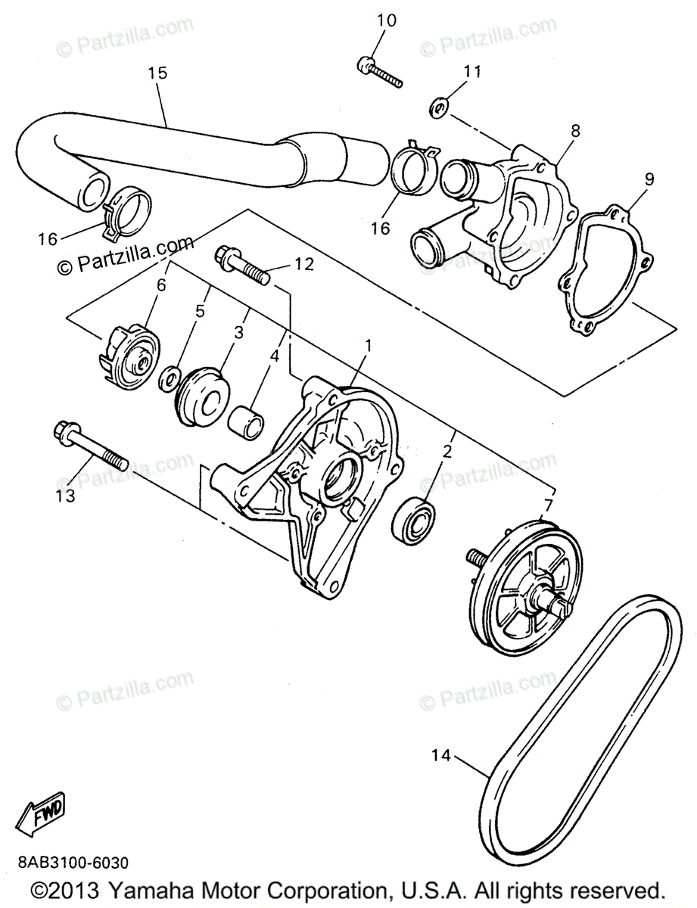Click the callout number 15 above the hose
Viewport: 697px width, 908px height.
[x=157, y=73]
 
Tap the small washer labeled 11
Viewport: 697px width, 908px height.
[x=438, y=107]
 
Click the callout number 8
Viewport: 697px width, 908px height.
[x=575, y=131]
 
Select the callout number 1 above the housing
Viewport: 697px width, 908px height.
[x=368, y=346]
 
